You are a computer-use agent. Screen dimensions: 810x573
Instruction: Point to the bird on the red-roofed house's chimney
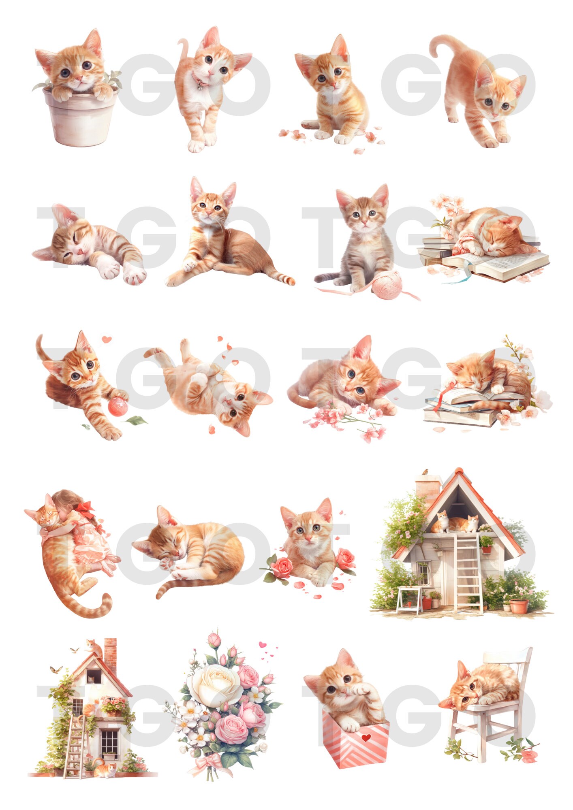coord(425,471)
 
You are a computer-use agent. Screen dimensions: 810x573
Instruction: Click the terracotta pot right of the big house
coord(519,606)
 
